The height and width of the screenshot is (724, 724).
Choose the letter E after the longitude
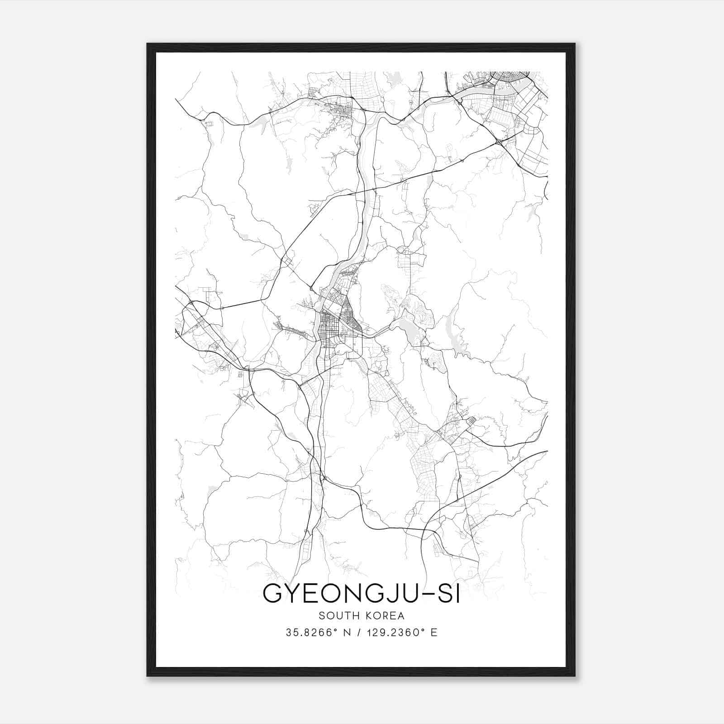click(434, 633)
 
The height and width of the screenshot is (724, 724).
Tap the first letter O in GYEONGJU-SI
click(338, 594)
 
